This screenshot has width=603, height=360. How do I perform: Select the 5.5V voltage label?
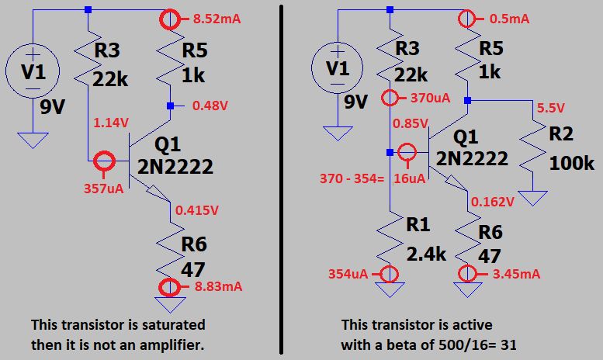point(551,108)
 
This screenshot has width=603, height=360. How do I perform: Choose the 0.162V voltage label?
point(492,202)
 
